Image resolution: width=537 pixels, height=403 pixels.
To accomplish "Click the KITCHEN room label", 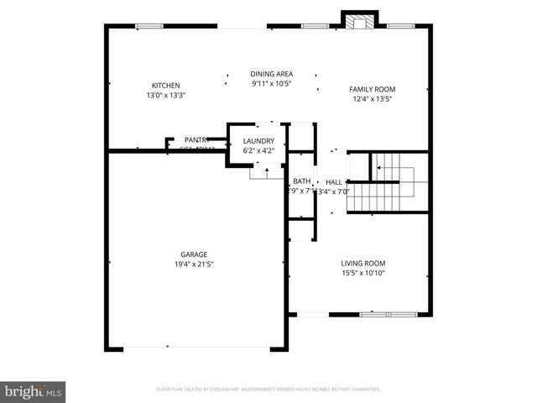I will pos(165,86).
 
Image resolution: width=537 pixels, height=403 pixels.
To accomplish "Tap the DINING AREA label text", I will pos(272,74).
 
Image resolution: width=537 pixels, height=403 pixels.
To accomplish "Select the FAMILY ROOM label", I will pos(372,89).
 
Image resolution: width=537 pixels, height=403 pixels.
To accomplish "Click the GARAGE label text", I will pos(194,254).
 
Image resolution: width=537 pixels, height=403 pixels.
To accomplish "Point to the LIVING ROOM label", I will pos(362,263).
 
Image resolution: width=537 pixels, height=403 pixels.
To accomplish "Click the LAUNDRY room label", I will pos(258,141).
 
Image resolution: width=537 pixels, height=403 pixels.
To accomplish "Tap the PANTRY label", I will pos(197,140).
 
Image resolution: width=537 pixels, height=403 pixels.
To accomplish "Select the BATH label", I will pos(301,181).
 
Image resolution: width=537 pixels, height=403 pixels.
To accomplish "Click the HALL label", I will pos(333,182).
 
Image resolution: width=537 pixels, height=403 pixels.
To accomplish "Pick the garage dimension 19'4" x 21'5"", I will pos(194,264).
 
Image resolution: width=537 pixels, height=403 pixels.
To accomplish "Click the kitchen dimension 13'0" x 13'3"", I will pos(165,95).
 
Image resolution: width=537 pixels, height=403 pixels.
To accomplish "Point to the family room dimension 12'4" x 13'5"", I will pos(372,99).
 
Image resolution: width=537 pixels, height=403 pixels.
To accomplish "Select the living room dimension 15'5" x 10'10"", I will pos(362,273).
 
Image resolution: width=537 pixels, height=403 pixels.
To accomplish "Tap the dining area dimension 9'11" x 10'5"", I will pos(272,83).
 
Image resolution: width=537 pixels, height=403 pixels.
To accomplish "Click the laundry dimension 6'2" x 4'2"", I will pos(258,151).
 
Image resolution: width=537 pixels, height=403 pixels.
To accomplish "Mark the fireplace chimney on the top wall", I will pos(359,20).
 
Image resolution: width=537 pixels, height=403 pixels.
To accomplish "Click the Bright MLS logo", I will pos(34,390).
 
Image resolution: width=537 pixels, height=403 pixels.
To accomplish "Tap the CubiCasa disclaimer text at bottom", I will pos(268,390).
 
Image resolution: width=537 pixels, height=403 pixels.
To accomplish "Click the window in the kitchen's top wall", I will pos(149,26).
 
